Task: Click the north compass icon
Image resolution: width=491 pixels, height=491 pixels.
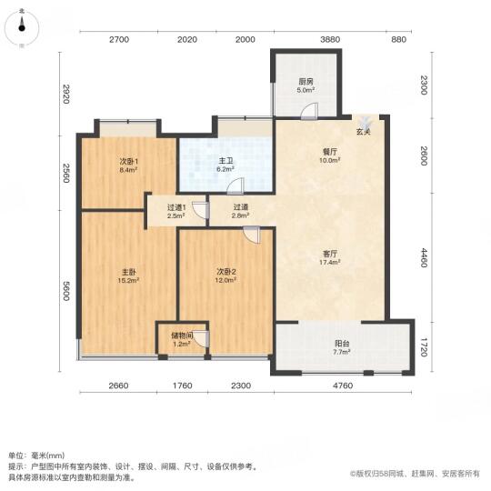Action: click(22, 28)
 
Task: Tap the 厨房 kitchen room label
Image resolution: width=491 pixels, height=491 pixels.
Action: click(306, 82)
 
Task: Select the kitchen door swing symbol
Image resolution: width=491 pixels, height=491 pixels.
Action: click(309, 111)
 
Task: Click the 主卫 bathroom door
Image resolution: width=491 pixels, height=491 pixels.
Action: click(235, 185)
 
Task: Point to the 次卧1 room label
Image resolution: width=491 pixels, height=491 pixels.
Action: click(129, 162)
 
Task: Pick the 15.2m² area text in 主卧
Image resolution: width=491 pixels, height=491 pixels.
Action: click(128, 281)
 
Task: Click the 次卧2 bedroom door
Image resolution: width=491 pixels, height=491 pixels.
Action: click(252, 235)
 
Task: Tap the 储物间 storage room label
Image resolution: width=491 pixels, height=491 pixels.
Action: click(182, 336)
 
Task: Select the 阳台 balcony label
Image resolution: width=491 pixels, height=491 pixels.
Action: click(342, 344)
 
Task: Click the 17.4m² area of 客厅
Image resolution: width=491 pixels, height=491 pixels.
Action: click(330, 263)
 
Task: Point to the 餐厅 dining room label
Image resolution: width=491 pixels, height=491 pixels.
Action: click(330, 152)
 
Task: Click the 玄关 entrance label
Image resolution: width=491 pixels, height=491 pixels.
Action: click(363, 132)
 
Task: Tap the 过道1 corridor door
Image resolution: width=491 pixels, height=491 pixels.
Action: click(201, 209)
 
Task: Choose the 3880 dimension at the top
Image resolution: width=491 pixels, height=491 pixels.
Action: click(330, 39)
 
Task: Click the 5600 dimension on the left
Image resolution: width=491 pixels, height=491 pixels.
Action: click(65, 291)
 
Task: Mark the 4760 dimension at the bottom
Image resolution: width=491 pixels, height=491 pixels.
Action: click(343, 386)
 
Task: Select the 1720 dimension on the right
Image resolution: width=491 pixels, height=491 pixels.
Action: click(424, 347)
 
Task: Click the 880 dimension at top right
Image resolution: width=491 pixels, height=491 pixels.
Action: click(399, 39)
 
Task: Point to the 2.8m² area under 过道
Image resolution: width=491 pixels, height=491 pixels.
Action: click(240, 215)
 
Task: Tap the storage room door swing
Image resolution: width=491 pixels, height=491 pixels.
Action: click(201, 338)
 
